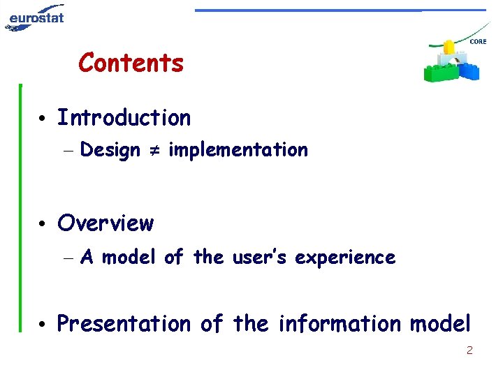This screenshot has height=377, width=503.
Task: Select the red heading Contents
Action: (131, 63)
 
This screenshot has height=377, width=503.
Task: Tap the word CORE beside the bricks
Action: (478, 42)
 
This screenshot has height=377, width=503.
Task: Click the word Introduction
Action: (124, 118)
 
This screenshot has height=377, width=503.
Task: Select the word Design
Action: (110, 150)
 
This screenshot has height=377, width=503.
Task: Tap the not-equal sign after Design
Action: (154, 150)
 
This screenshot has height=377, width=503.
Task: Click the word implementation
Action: (238, 150)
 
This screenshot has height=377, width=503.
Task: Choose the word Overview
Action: (105, 223)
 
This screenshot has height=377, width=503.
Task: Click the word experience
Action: (345, 258)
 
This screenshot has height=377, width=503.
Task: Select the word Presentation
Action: (124, 324)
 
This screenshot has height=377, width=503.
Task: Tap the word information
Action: (340, 324)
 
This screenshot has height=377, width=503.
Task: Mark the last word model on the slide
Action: (440, 324)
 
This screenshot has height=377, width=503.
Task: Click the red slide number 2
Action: (469, 350)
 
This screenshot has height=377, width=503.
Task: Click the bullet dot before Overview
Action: (43, 225)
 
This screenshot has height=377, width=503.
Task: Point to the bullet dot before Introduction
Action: (43, 119)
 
